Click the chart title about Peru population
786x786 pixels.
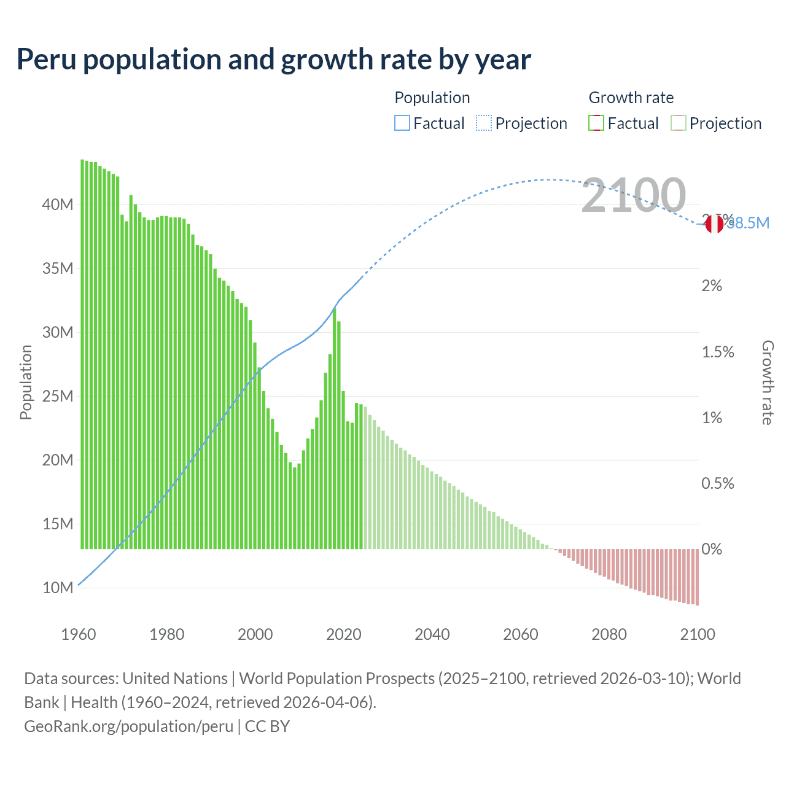[x=274, y=60]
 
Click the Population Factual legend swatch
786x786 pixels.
[x=402, y=123]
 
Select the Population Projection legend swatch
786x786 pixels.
[x=483, y=123]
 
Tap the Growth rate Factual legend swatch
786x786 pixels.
[x=596, y=123]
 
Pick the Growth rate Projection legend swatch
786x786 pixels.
[x=678, y=123]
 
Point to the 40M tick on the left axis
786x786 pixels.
[x=58, y=204]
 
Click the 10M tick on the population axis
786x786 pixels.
[x=58, y=588]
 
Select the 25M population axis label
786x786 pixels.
[x=58, y=396]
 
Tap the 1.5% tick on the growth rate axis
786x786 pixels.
[x=718, y=352]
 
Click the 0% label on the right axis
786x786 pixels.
[x=712, y=549]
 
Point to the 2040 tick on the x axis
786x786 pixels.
[x=432, y=634]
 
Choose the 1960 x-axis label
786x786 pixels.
[x=79, y=634]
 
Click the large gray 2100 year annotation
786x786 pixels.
[x=633, y=195]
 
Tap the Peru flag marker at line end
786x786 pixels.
[x=714, y=224]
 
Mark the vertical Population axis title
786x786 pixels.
[x=26, y=382]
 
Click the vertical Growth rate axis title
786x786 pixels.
[x=768, y=382]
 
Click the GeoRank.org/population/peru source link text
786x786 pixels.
[x=128, y=726]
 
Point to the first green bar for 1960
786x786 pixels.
[x=82, y=356]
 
